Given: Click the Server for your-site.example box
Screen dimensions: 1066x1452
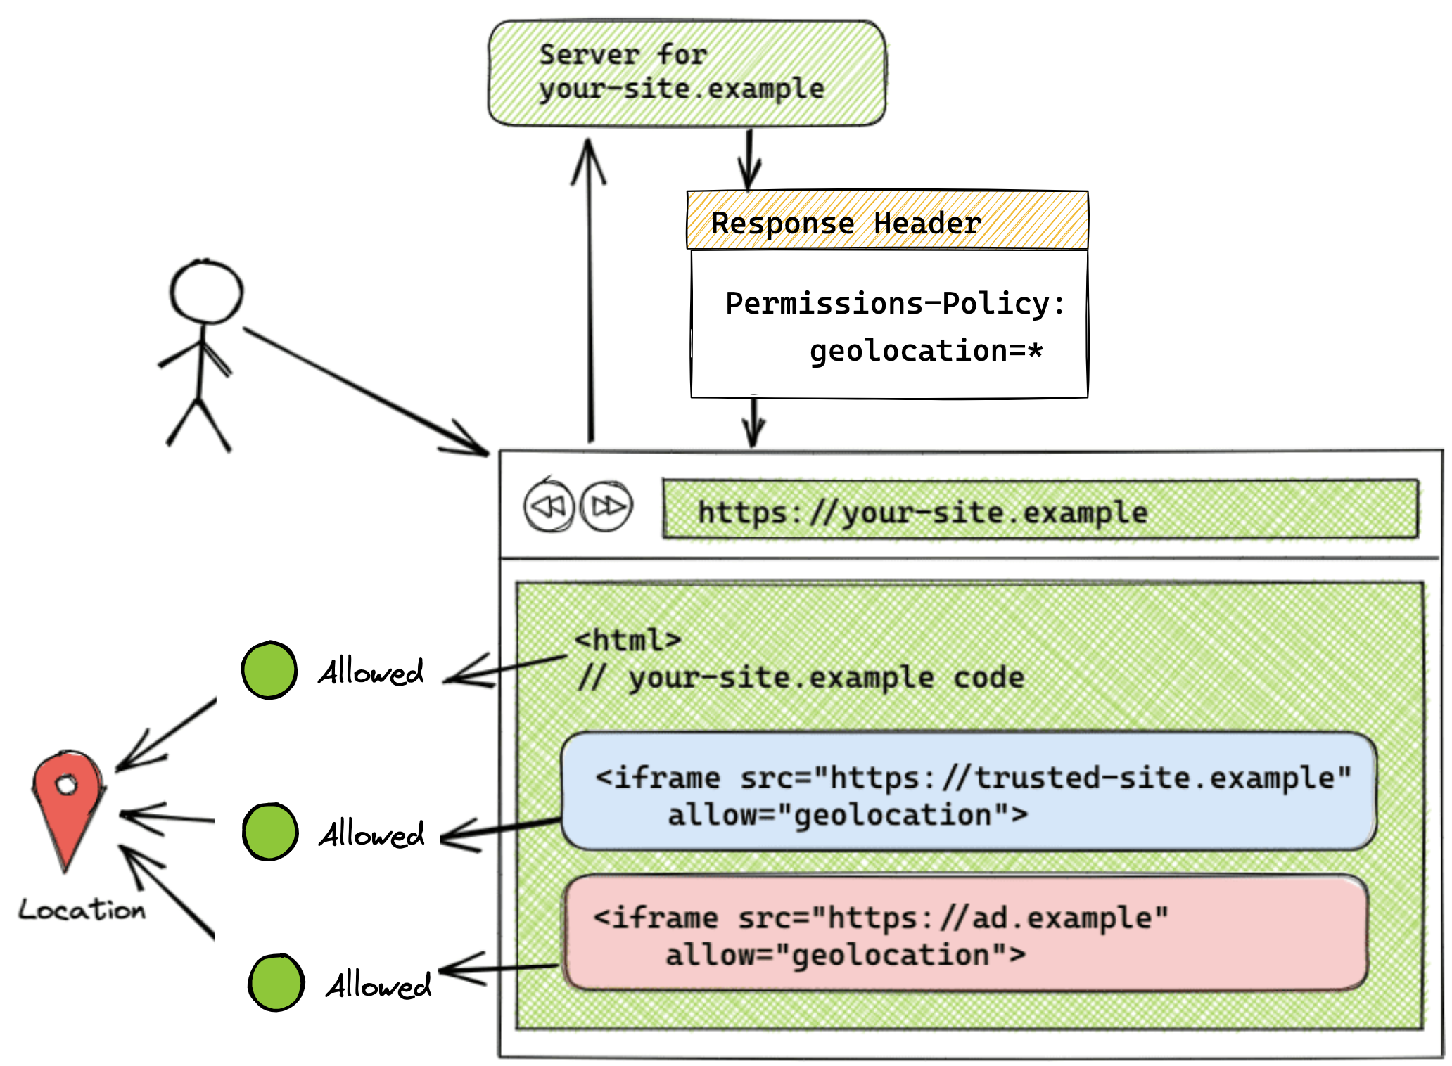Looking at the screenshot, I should coord(687,73).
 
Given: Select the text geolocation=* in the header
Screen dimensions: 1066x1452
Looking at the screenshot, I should coord(925,350).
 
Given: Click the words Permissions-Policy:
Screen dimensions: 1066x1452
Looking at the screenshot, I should coord(894,304).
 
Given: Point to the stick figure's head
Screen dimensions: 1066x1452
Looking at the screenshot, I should coord(206,292).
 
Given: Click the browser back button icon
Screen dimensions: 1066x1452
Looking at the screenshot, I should coord(549,506).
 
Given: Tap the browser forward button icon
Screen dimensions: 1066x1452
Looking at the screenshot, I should coord(606,506).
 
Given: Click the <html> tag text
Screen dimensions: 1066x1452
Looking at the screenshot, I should coord(628,640).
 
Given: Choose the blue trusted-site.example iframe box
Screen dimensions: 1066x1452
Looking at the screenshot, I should coord(968,791).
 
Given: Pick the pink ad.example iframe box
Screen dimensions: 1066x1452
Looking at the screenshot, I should coord(967,932).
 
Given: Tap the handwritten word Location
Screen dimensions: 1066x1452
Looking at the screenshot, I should coord(82,909).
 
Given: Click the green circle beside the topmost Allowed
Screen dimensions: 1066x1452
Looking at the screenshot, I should coord(269,670).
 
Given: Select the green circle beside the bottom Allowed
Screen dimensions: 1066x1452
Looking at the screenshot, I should coord(276,982).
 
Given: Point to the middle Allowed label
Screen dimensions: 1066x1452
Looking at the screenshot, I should coord(371,834).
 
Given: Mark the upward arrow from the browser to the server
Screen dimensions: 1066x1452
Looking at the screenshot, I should coord(590,295).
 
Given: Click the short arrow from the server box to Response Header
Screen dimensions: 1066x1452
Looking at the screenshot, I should coord(749,159).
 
